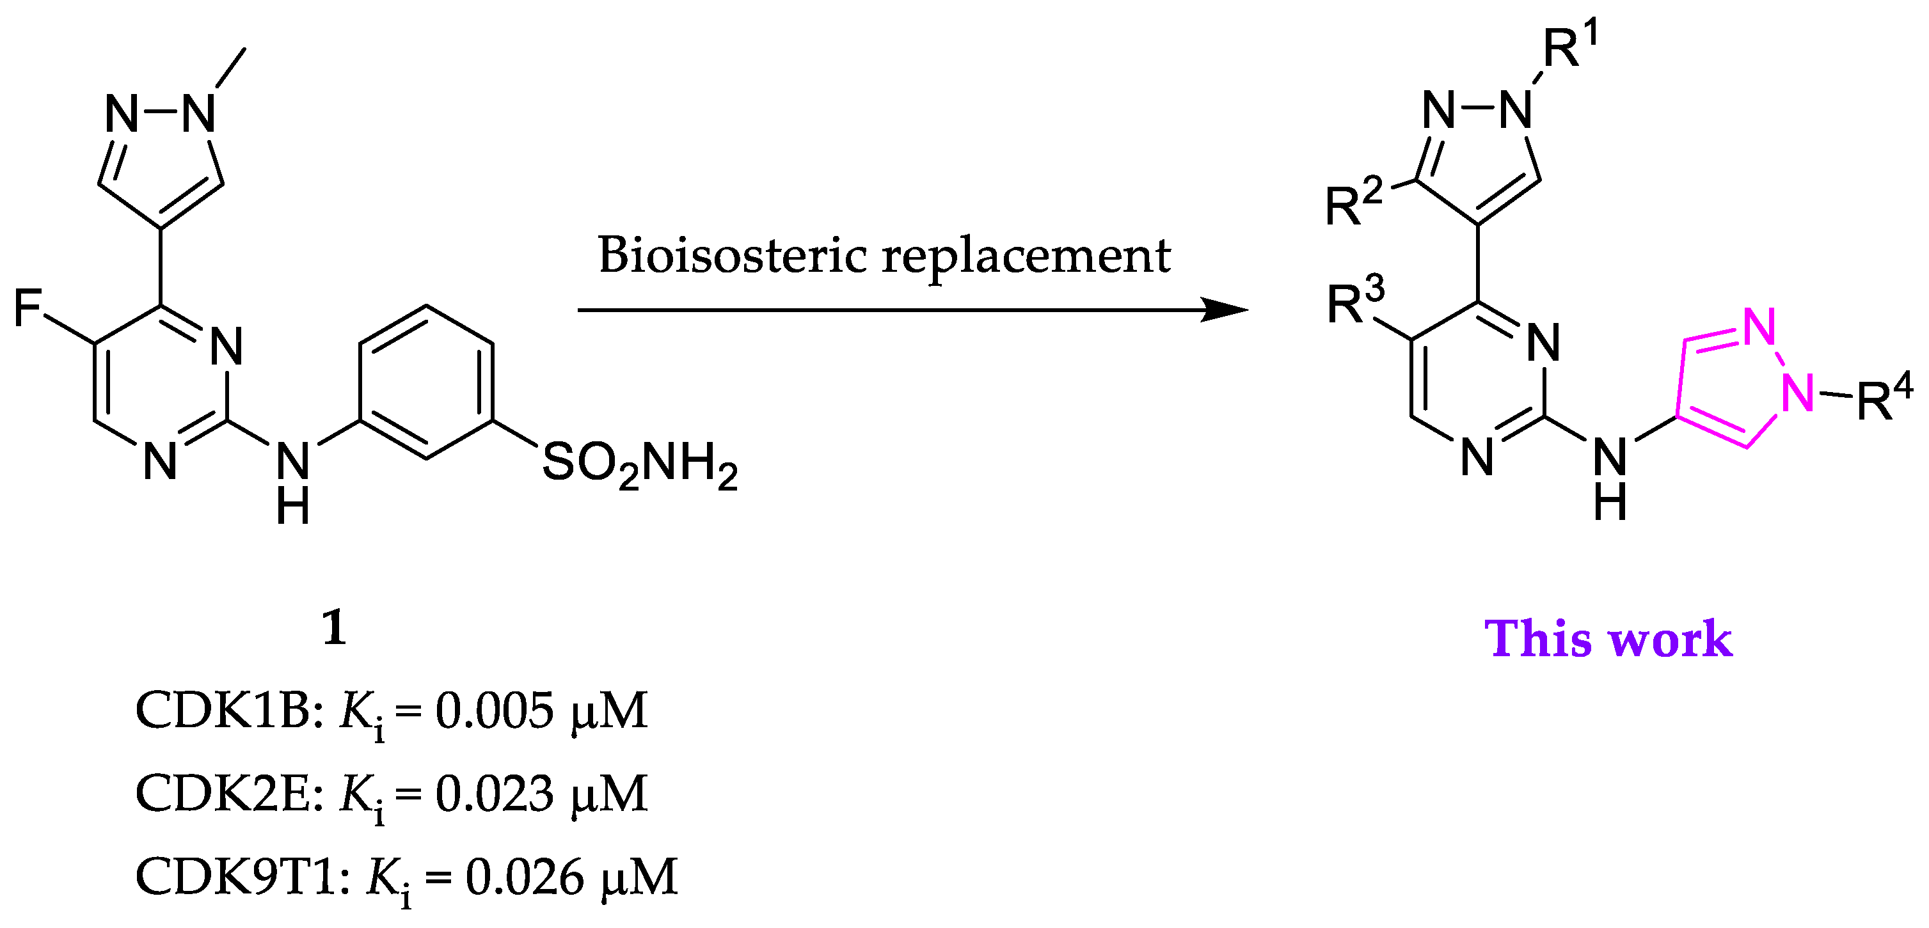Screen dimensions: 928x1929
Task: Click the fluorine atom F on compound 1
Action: [28, 308]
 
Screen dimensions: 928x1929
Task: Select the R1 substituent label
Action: [1569, 47]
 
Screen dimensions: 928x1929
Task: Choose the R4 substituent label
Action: [1884, 398]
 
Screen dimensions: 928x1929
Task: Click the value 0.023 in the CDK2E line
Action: [494, 793]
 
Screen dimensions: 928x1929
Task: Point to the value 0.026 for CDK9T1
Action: [524, 877]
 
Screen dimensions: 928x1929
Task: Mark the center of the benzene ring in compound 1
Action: [426, 382]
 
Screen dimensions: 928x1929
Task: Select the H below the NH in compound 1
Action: [293, 507]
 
